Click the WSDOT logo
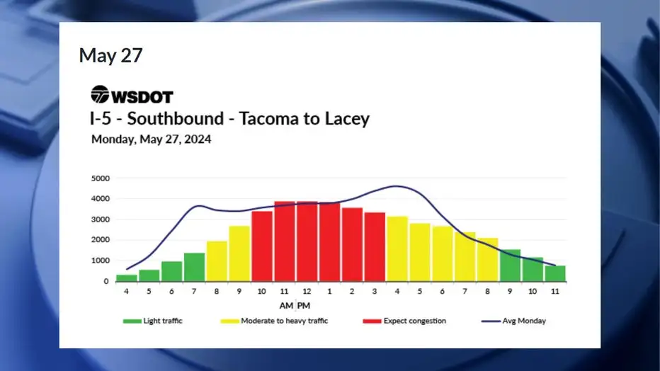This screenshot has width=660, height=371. pyautogui.click(x=132, y=95)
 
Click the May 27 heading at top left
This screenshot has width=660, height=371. pyautogui.click(x=110, y=55)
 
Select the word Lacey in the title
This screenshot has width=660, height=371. pyautogui.click(x=347, y=119)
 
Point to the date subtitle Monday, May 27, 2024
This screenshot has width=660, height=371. pyautogui.click(x=151, y=139)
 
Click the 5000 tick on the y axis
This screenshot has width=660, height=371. pyautogui.click(x=100, y=178)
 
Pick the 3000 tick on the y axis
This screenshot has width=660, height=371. pyautogui.click(x=100, y=219)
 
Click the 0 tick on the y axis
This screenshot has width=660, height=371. pyautogui.click(x=106, y=281)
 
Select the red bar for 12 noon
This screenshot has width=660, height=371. pyautogui.click(x=307, y=241)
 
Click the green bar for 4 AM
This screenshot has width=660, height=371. pyautogui.click(x=126, y=278)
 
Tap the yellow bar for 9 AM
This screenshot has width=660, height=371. pyautogui.click(x=239, y=253)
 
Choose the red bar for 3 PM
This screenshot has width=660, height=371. pyautogui.click(x=375, y=247)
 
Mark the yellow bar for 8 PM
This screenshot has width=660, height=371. pyautogui.click(x=487, y=260)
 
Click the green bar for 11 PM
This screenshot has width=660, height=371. pyautogui.click(x=555, y=273)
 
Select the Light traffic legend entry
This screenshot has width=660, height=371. pyautogui.click(x=152, y=321)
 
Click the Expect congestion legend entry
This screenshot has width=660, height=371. pyautogui.click(x=404, y=321)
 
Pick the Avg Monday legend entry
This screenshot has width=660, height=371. pyautogui.click(x=513, y=321)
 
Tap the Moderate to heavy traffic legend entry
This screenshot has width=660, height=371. pyautogui.click(x=274, y=321)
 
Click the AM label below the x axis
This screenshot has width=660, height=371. pyautogui.click(x=286, y=306)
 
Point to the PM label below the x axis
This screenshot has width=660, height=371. pyautogui.click(x=304, y=306)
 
